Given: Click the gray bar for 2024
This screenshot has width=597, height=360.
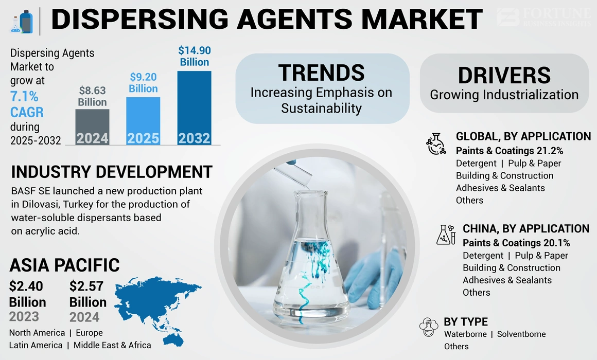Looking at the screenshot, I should tap(92, 127).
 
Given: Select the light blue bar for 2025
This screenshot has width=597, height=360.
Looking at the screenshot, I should tap(143, 121).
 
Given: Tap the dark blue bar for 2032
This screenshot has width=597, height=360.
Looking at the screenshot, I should tap(194, 107).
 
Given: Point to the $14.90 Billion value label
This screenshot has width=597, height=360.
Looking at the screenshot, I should tap(194, 56).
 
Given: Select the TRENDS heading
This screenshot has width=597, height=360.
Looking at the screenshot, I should tap(322, 73).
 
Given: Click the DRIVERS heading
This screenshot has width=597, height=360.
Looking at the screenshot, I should tap(504, 75).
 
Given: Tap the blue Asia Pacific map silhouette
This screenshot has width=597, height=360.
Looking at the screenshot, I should tap(157, 303).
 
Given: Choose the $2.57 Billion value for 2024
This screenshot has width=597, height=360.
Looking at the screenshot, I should tap(87, 294).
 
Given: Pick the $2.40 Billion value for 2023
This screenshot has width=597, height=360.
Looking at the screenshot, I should tap(27, 294).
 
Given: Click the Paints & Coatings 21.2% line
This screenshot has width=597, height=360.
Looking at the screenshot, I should tap(509, 151).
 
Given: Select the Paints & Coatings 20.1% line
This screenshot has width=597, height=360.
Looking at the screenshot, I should tap(516, 243).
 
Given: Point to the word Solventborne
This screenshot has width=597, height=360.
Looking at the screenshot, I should tap(521, 334).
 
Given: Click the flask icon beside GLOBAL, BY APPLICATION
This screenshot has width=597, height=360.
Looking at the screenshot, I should tap(437, 144).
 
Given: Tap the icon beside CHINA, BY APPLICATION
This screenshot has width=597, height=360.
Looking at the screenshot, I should tap(446, 235).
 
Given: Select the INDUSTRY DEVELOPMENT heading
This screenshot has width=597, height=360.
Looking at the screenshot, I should tap(111, 172).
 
